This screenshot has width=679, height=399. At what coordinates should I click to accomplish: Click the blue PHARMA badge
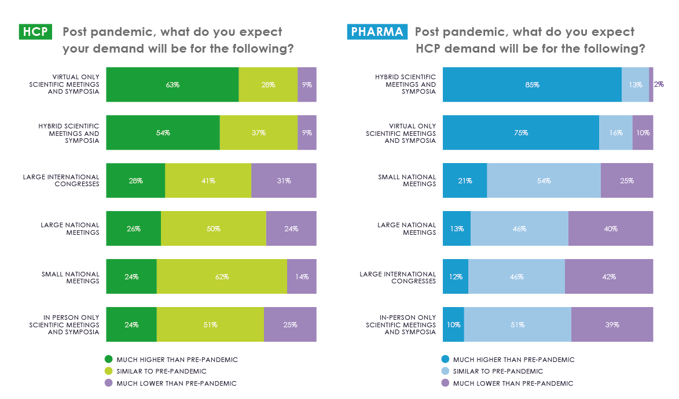click(377, 32)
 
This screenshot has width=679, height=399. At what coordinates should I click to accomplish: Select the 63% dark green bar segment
click(172, 84)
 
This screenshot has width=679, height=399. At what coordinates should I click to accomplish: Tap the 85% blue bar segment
click(532, 84)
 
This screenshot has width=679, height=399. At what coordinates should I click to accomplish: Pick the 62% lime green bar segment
click(222, 276)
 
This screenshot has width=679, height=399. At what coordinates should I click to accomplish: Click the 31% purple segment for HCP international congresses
click(284, 180)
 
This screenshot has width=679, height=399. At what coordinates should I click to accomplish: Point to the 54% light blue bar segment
click(544, 180)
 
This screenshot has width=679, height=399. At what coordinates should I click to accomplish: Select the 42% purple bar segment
click(608, 276)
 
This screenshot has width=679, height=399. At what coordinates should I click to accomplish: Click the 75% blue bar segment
click(520, 132)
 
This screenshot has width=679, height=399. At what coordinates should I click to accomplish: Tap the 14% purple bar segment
click(302, 276)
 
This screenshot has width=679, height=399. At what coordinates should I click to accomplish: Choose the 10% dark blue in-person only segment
click(453, 324)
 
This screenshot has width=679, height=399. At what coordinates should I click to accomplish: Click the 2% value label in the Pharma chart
click(659, 84)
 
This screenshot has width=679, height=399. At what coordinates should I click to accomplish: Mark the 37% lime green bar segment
click(258, 132)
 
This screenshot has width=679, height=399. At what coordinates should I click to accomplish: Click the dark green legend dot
click(108, 360)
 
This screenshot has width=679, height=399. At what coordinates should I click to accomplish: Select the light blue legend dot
click(445, 371)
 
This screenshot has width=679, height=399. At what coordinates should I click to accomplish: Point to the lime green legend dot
click(108, 371)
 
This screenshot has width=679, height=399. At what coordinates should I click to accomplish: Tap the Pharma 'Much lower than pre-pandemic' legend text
click(513, 383)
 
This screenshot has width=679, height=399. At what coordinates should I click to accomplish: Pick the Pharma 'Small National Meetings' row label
click(407, 180)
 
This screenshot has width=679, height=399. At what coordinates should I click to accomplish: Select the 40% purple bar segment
click(610, 228)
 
